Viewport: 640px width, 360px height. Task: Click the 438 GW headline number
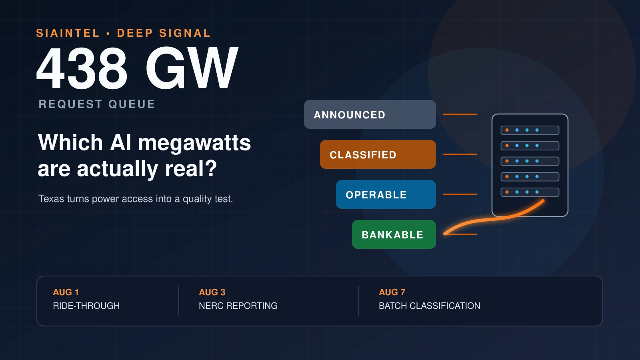(137, 68)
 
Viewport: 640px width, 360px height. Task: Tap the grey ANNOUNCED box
(370, 114)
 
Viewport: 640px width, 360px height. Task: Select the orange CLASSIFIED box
(378, 154)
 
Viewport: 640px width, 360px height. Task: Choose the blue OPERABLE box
(386, 194)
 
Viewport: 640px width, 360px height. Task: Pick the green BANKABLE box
(394, 234)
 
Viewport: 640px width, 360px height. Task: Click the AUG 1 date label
(66, 292)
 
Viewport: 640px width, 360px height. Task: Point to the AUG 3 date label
(212, 292)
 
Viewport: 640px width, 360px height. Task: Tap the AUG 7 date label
(392, 292)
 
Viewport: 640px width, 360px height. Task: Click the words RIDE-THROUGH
(86, 306)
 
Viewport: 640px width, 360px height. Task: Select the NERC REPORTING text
(238, 306)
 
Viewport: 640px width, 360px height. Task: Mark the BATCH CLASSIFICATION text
(430, 306)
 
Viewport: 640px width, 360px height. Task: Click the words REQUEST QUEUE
(96, 104)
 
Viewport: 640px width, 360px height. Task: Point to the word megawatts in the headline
(194, 143)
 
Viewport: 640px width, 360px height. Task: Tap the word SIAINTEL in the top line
(68, 33)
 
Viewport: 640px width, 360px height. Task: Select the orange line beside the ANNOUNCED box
(460, 114)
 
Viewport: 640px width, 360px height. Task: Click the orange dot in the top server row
(507, 130)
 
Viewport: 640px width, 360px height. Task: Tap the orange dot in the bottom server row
(507, 192)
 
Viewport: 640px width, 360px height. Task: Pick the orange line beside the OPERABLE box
(460, 194)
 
